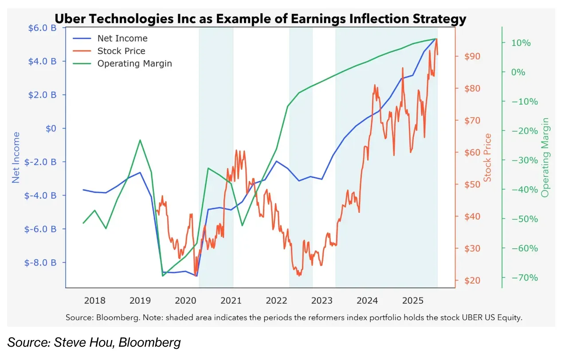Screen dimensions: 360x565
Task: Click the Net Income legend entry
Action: coord(122,39)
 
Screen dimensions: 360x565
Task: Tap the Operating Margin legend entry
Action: coord(134,63)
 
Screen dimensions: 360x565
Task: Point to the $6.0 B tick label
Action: coord(42,28)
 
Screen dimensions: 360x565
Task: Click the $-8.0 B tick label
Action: coord(40,262)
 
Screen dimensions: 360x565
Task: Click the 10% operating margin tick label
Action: coord(522,43)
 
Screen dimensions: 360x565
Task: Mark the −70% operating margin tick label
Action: coord(524,278)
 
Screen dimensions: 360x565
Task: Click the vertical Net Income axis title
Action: coord(16,157)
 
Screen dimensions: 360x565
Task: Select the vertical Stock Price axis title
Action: coord(488,157)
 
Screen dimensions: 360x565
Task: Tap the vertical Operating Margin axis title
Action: coord(545,157)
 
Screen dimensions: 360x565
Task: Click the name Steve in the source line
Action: coord(67,342)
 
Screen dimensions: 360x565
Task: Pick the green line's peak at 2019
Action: coord(140,140)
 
